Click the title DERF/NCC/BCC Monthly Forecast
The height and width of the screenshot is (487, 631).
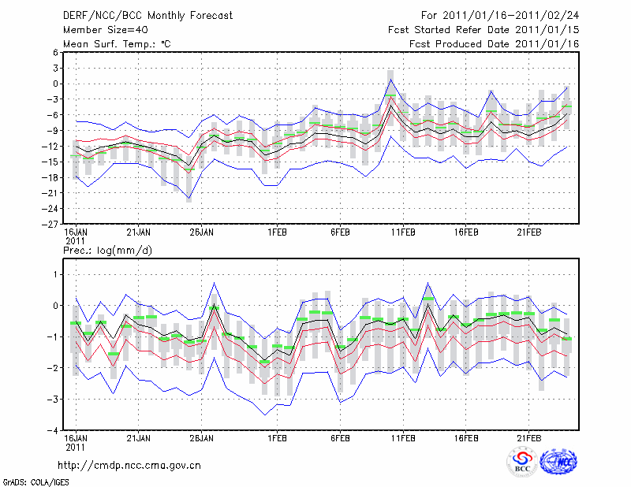(147, 15)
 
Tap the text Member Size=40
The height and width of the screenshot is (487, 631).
(105, 29)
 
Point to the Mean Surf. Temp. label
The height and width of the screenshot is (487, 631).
(117, 43)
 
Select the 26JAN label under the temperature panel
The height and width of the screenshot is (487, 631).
(201, 233)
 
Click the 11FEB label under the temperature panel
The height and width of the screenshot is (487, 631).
(403, 233)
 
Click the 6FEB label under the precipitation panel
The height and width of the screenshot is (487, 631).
(340, 438)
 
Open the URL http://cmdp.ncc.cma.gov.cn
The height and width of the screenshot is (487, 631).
(130, 465)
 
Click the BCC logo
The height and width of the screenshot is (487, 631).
(521, 463)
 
